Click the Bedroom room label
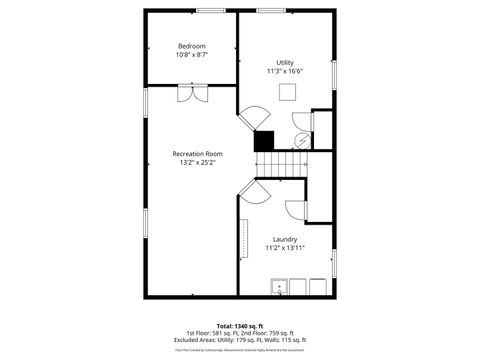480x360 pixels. (192, 46)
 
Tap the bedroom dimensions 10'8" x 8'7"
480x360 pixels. (192, 55)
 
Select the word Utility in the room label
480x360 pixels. (285, 62)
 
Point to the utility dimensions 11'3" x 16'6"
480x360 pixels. (285, 72)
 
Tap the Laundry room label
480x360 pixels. (285, 239)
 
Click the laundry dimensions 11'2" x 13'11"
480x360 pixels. (285, 248)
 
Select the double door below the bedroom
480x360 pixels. (191, 92)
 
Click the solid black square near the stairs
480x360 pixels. (264, 141)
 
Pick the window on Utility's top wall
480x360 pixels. (271, 11)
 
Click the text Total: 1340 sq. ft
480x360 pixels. (239, 325)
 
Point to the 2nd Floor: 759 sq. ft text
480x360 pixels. (268, 332)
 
